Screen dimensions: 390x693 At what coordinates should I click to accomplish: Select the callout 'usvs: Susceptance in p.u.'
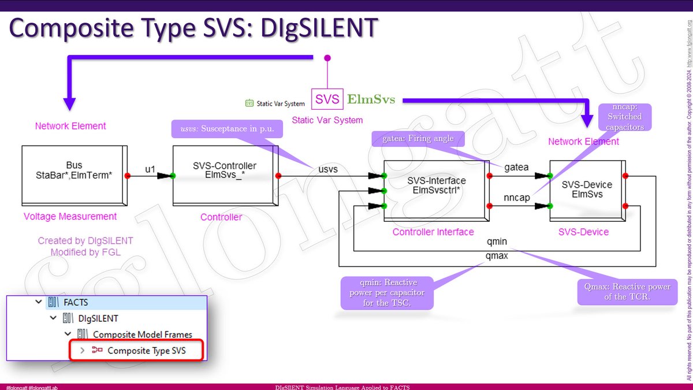coord(227,128)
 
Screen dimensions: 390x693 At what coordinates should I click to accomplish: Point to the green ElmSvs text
coord(371,99)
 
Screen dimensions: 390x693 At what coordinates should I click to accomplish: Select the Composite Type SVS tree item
coord(146,350)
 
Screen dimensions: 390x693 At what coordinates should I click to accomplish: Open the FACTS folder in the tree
coord(76,302)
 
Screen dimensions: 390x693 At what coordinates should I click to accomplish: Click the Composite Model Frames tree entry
coord(143,334)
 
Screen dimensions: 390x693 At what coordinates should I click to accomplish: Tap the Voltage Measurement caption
coord(70,217)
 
